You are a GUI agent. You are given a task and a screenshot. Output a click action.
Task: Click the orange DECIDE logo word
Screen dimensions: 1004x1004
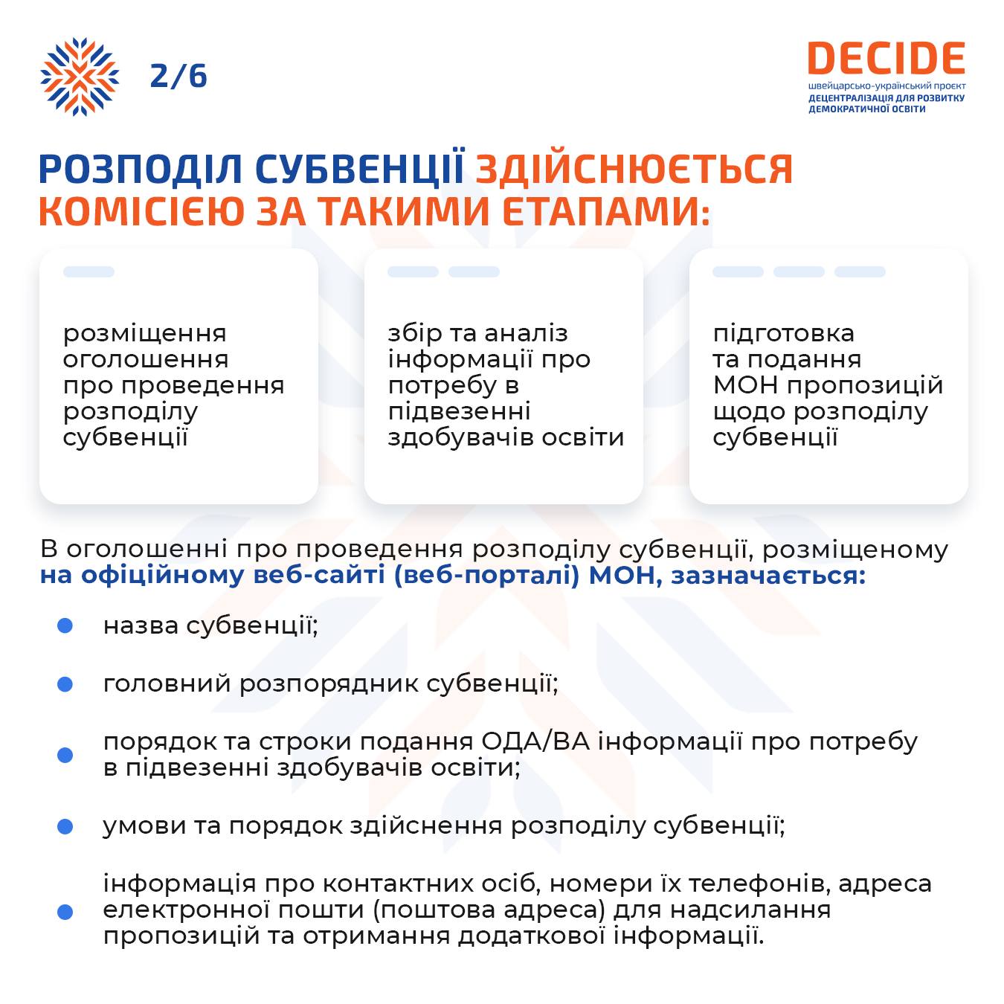[x=886, y=58]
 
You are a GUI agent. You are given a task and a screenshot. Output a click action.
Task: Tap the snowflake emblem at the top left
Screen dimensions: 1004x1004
[x=80, y=77]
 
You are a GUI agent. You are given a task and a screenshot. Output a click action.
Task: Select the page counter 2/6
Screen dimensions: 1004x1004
[x=178, y=76]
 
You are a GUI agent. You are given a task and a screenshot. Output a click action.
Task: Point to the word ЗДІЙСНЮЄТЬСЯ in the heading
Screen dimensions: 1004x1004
[x=634, y=170]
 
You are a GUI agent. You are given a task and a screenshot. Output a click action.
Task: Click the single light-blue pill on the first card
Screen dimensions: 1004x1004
[x=89, y=271]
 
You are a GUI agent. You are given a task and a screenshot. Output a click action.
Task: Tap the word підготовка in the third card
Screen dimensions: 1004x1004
[x=784, y=333]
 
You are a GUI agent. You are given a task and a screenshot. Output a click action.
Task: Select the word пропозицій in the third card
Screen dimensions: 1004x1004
[x=865, y=386]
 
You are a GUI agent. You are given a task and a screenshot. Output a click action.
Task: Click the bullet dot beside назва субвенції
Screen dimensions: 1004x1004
[x=65, y=625]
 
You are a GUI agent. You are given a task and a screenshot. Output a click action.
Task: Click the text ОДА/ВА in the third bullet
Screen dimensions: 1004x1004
[x=535, y=741]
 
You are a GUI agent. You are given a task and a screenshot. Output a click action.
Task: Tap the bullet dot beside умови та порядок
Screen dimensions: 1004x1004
[x=65, y=826]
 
